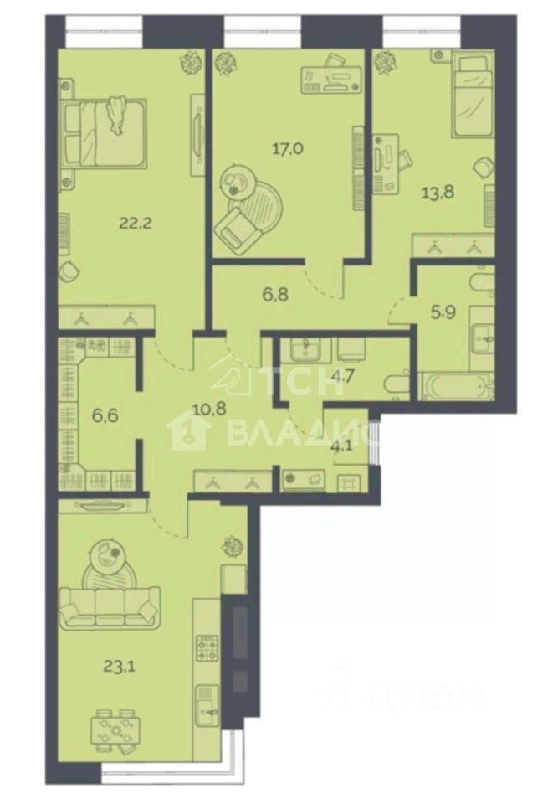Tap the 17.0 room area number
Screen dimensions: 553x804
(x=289, y=149)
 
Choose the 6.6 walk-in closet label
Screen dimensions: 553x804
(x=105, y=415)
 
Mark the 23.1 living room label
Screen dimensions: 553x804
(x=118, y=667)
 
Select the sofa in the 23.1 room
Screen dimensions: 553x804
(x=110, y=608)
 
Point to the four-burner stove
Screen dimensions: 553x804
(x=207, y=649)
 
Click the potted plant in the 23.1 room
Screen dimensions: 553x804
(x=232, y=547)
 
